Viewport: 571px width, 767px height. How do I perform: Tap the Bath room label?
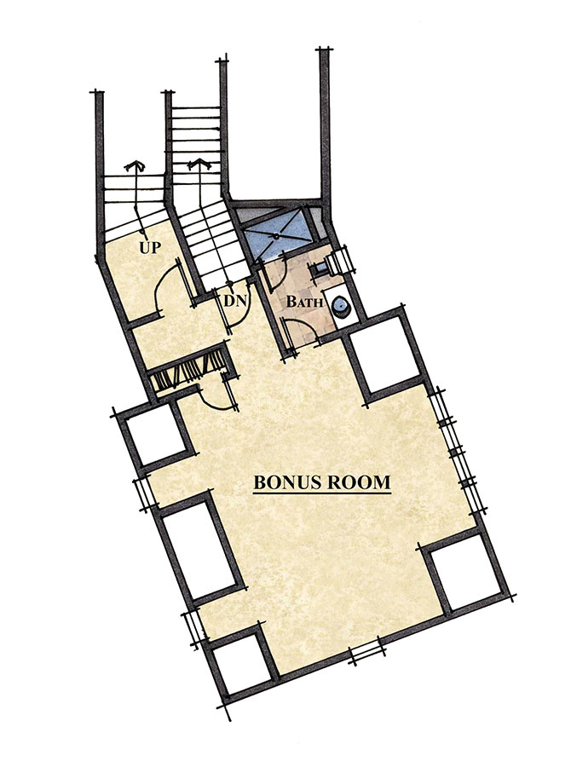[304, 302]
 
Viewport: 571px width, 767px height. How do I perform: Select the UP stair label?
[150, 247]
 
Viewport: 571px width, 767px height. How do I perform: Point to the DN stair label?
[236, 300]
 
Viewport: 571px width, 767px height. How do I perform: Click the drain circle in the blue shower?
[278, 236]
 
